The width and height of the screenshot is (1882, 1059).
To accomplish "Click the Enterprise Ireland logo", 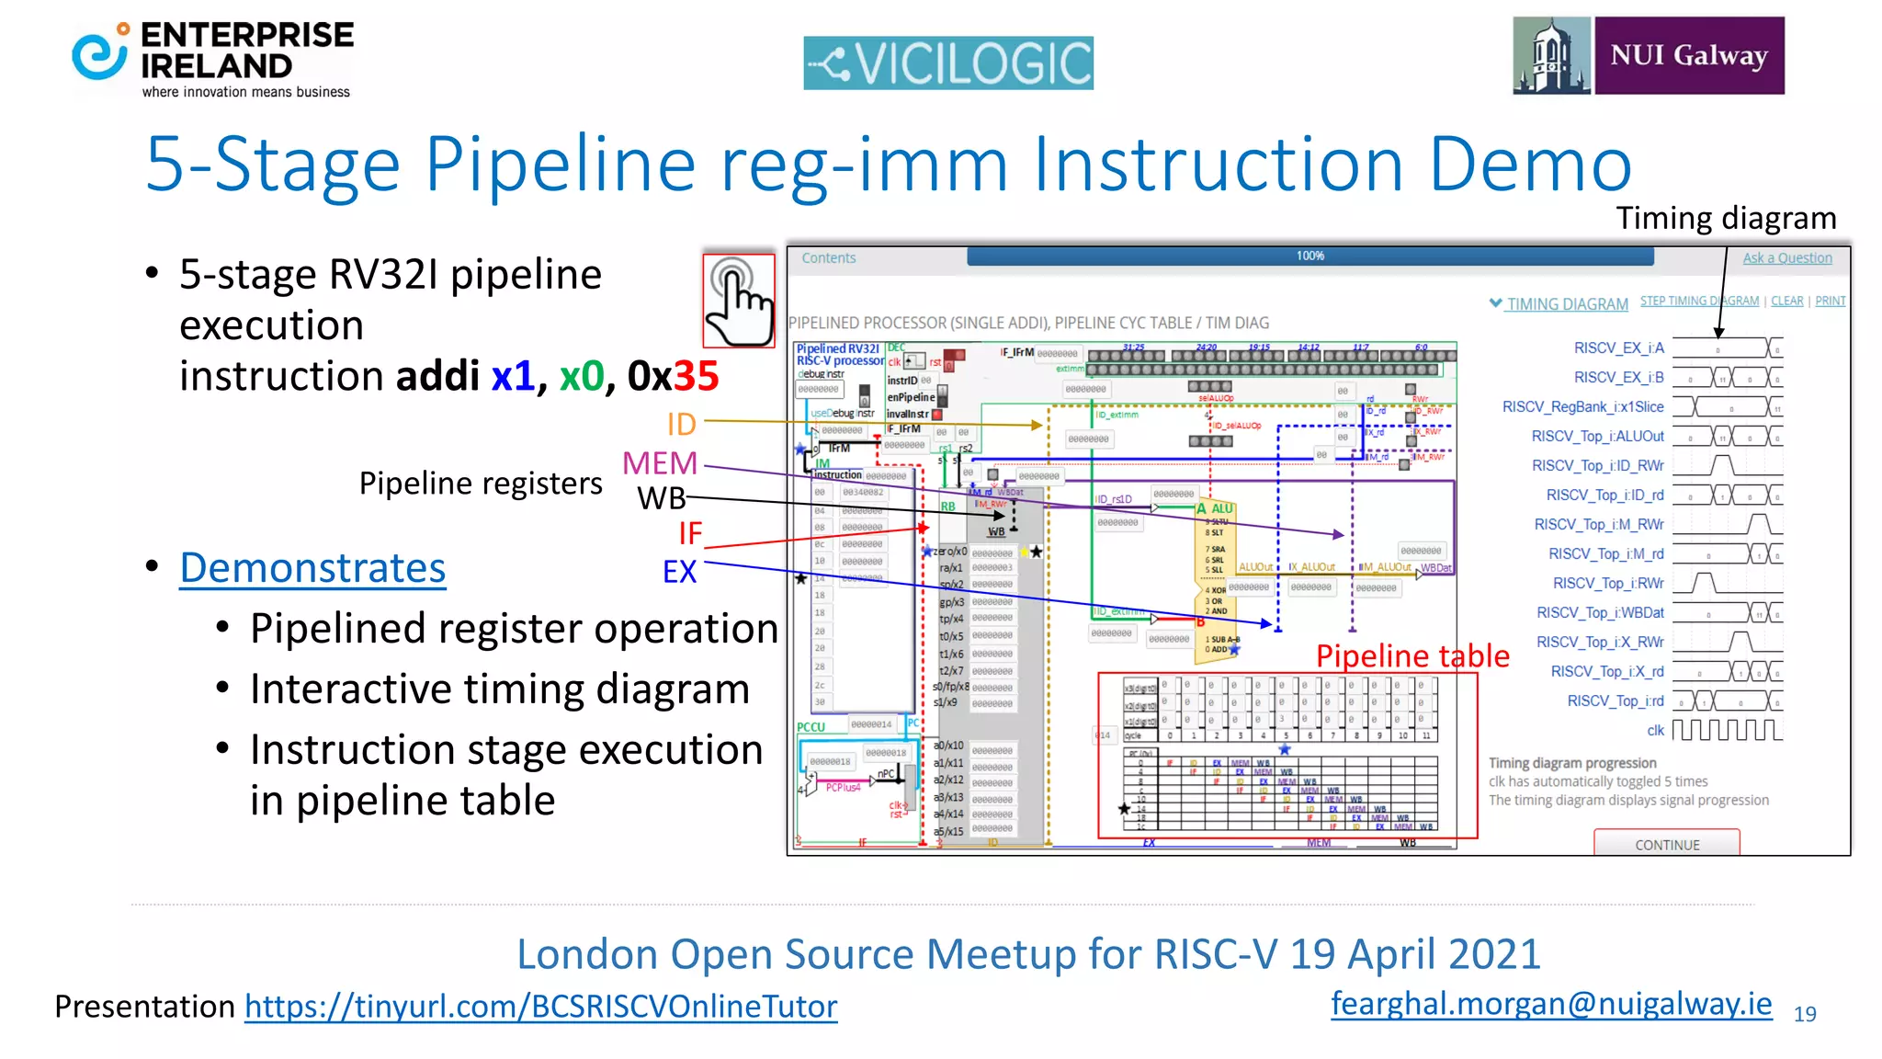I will click(213, 59).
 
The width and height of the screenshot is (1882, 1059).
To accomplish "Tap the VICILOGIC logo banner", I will click(947, 63).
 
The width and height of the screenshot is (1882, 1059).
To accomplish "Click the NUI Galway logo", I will click(1649, 55).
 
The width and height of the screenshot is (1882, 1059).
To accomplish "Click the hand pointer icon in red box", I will click(739, 300).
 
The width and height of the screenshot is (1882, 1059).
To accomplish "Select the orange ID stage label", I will click(681, 425).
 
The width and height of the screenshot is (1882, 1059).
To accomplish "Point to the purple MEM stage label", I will click(660, 463).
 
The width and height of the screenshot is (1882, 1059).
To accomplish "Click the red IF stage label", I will click(690, 533).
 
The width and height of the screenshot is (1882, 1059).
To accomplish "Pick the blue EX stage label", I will click(679, 572).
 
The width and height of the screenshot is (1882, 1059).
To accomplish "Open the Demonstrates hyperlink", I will click(312, 568).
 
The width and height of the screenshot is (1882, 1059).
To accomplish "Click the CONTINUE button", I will click(1666, 844).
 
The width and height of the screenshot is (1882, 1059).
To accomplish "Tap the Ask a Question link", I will click(1786, 258).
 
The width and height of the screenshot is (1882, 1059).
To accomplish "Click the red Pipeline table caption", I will click(1411, 655).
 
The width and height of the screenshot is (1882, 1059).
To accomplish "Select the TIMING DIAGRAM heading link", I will click(1566, 304).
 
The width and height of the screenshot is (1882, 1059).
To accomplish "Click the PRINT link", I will click(1830, 301).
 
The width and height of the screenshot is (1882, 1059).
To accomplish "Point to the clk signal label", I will click(1654, 731).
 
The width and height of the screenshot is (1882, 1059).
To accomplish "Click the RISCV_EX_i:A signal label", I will click(1618, 348).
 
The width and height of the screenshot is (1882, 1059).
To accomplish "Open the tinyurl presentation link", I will click(540, 1007).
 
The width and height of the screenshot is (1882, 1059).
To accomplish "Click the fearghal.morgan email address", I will click(1551, 1004).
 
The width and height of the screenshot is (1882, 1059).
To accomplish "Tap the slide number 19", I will click(1805, 1014).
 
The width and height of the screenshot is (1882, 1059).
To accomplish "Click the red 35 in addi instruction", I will click(696, 376).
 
